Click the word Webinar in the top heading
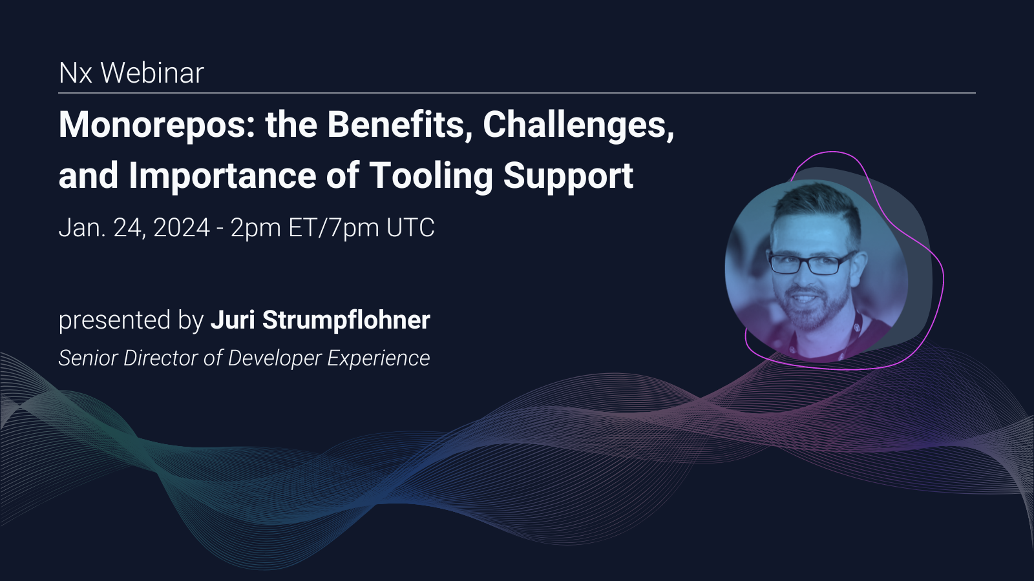point(152,73)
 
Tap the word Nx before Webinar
point(76,73)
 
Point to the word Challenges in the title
point(578,125)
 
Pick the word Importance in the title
point(222,176)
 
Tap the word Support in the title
point(568,176)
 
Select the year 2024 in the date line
point(182,228)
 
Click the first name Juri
point(233,320)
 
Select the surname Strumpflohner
point(346,320)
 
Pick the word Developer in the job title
point(274,358)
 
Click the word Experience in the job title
point(378,358)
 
